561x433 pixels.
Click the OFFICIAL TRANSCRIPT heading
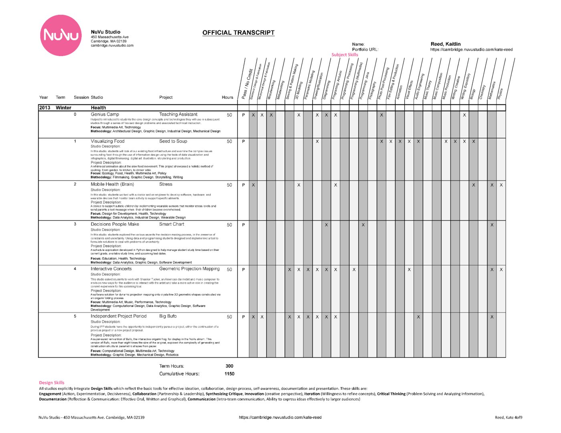238,33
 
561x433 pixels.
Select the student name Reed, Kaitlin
446,44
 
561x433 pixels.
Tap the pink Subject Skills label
345,55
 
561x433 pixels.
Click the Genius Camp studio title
105,114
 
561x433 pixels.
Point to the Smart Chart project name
172,224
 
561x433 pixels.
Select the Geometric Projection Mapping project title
189,269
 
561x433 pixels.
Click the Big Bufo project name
168,316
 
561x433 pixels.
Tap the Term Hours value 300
229,366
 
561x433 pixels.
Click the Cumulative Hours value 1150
229,374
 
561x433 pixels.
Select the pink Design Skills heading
52,383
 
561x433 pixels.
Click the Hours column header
227,97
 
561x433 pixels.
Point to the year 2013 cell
45,108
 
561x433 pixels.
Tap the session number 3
75,224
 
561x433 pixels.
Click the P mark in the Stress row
243,185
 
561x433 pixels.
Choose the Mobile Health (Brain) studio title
112,184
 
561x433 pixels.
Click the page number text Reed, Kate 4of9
509,417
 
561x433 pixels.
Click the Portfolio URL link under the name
471,50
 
